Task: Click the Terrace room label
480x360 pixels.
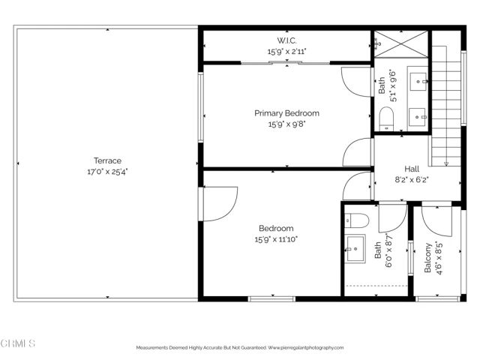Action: pos(107,160)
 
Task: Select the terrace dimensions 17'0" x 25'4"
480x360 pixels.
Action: pos(107,171)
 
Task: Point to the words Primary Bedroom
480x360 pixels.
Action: pos(286,113)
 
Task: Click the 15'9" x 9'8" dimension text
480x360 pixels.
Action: pos(286,124)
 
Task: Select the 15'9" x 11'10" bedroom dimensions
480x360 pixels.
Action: pos(276,239)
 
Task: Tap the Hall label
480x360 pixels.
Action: pos(412,169)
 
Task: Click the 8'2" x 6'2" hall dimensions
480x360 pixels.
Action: pos(412,179)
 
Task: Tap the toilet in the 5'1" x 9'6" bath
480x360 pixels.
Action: pos(386,118)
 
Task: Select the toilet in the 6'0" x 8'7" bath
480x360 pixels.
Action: pos(357,220)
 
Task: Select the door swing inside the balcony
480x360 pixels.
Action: pos(434,218)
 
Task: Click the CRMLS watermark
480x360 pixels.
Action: pos(19,343)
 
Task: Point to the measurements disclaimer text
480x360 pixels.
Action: pos(239,348)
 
